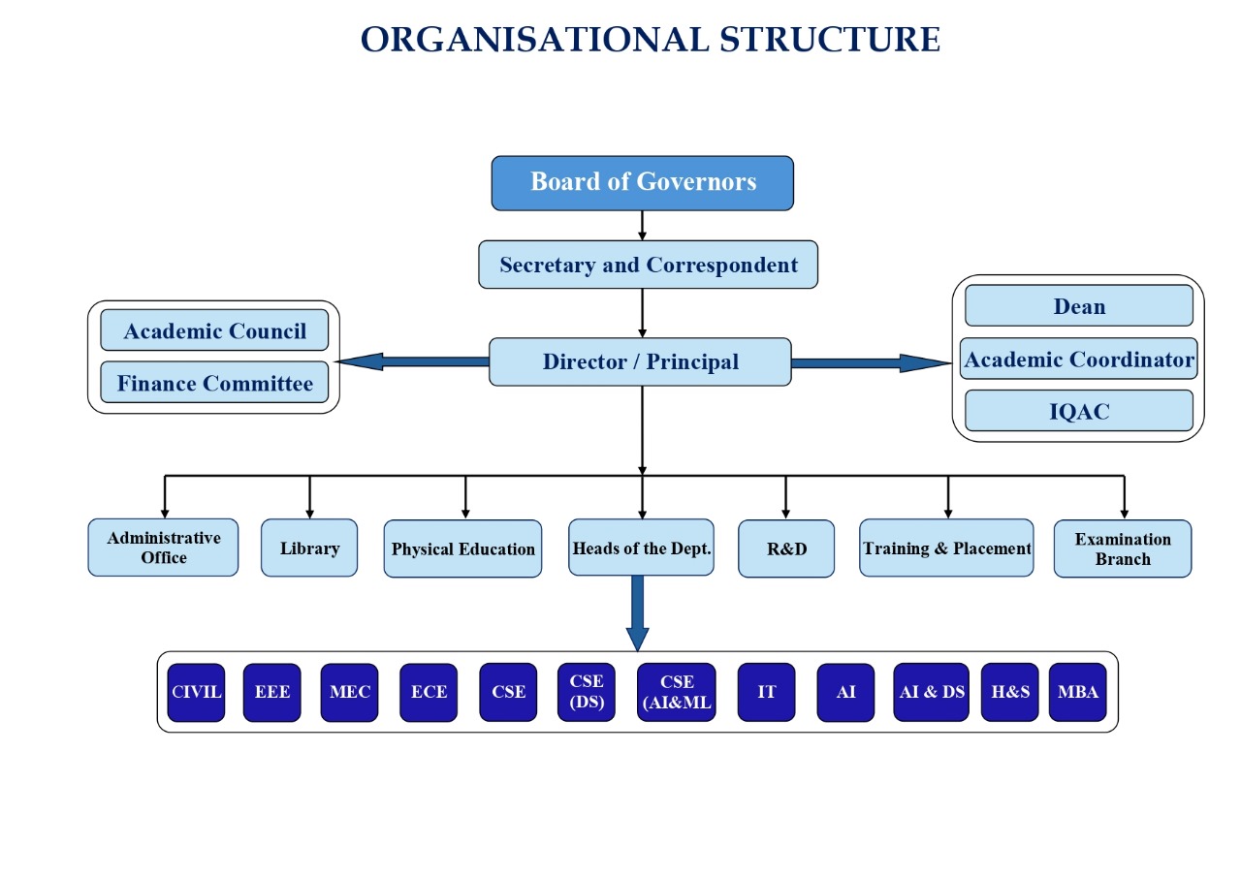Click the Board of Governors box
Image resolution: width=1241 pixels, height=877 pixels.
coord(642,183)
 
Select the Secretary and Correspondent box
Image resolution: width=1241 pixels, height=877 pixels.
coord(648,265)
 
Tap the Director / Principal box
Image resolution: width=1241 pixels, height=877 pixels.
coord(640,362)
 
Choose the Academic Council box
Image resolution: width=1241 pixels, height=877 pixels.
coord(214,330)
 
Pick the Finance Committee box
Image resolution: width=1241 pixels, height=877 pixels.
coord(214,383)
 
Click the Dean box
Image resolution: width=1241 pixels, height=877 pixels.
coord(1079,305)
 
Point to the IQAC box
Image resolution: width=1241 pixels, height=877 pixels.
coord(1079,411)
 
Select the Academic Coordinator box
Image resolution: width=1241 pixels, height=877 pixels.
coord(1079,359)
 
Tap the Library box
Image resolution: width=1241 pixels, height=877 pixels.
coord(309,548)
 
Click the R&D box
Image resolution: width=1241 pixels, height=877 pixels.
coord(786,548)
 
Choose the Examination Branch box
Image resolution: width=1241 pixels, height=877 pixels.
coord(1123,548)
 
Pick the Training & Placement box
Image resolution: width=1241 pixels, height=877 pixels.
coord(946,548)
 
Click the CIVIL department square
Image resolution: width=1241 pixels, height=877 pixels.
coord(196,693)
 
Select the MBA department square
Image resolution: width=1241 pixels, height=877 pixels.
coord(1077,693)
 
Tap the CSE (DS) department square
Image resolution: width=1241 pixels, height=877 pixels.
coord(587,693)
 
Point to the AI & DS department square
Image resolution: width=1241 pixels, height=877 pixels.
coord(932,693)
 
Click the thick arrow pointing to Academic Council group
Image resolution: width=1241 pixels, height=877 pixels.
coord(413,362)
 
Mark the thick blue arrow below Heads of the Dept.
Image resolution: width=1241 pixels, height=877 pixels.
coord(638,613)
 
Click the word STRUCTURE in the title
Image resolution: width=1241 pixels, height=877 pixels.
coord(829,40)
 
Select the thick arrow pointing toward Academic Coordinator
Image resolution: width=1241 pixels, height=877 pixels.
coord(871,363)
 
